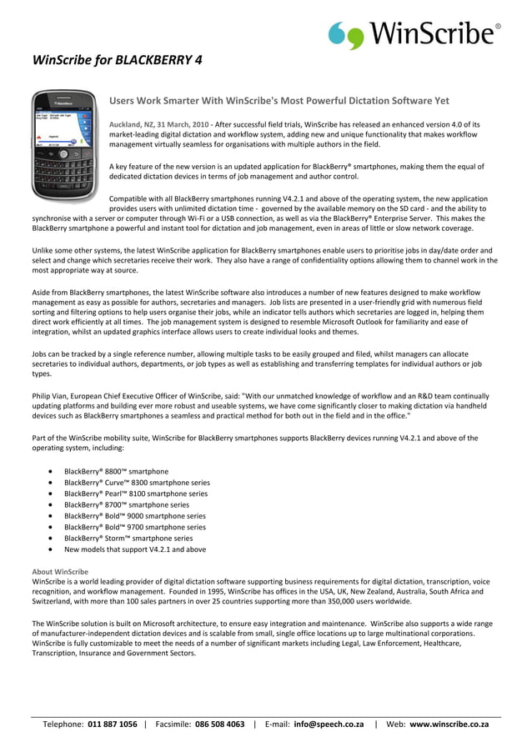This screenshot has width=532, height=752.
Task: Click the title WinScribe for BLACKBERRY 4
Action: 117,60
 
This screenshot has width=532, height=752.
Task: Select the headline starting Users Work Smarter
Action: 279,101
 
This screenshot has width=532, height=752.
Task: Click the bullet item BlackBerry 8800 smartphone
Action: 116,471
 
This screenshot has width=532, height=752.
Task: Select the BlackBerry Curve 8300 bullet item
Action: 137,483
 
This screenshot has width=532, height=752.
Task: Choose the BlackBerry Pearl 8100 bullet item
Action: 136,494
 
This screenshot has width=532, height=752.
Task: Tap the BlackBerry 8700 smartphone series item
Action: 127,504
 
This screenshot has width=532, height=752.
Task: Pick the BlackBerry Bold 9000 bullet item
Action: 135,516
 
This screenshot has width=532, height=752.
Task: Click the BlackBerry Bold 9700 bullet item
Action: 135,527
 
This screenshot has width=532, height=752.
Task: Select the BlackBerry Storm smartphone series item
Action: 128,539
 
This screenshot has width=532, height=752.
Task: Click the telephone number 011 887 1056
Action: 113,724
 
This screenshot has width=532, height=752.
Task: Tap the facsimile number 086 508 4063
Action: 219,724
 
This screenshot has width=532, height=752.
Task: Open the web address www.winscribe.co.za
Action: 449,724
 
